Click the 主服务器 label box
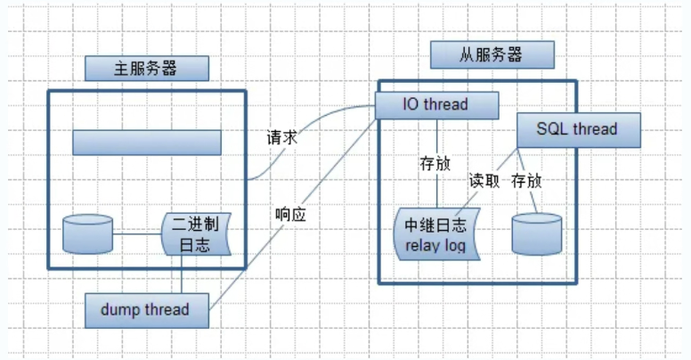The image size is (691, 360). (x=146, y=68)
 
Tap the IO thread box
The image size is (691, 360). (x=435, y=105)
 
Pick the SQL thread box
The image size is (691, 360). (x=577, y=129)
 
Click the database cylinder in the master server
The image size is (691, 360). (x=88, y=234)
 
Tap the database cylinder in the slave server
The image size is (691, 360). (x=536, y=233)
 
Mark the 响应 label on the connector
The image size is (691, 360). (x=291, y=214)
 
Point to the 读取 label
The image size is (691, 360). (x=485, y=181)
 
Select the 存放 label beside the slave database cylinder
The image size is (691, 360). (x=527, y=181)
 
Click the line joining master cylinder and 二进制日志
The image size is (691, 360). (x=137, y=235)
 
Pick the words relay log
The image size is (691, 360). (x=435, y=243)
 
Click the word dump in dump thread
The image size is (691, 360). (x=118, y=309)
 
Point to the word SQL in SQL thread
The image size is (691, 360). (x=552, y=129)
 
